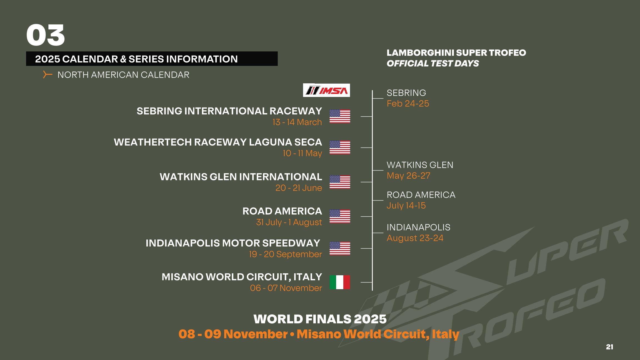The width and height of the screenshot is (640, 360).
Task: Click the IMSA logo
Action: tap(326, 90)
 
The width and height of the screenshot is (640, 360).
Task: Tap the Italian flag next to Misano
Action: tap(340, 282)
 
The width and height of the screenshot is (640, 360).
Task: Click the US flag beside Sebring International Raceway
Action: tap(340, 116)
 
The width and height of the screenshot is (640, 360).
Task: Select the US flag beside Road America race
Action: tap(340, 216)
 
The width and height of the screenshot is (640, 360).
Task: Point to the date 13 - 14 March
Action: tap(297, 122)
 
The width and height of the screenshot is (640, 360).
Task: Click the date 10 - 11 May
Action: tap(302, 153)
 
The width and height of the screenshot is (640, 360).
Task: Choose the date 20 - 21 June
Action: tap(299, 188)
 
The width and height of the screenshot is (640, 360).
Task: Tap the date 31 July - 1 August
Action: tap(289, 222)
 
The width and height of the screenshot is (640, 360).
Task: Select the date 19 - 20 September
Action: tap(285, 254)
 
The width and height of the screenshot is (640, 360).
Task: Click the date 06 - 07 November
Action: tap(286, 288)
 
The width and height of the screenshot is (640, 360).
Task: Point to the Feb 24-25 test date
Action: tap(408, 104)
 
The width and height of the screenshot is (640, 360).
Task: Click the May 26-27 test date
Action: tap(408, 176)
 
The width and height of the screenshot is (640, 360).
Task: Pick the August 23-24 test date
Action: tap(415, 238)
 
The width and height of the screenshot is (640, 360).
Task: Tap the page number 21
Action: tap(609, 347)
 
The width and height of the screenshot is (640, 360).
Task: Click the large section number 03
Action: tap(46, 35)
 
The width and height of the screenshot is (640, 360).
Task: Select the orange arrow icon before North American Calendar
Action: tap(47, 74)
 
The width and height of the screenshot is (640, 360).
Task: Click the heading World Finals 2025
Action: tap(320, 319)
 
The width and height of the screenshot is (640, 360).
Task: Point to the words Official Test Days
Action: tap(433, 64)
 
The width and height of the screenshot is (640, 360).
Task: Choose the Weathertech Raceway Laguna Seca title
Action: tap(218, 142)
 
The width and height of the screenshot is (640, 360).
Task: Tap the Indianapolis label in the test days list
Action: tap(418, 227)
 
